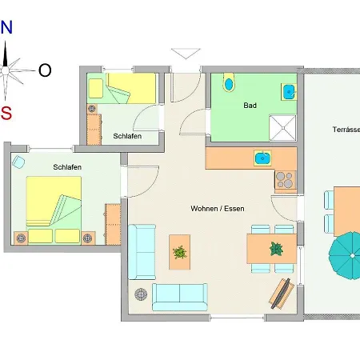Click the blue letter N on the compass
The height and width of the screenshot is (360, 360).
(6, 27)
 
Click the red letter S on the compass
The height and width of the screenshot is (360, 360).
(6, 113)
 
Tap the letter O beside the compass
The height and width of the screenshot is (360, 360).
(45, 70)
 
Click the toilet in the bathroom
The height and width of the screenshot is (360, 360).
(229, 82)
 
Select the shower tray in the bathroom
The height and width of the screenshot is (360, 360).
(282, 128)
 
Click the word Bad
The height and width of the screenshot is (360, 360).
(250, 106)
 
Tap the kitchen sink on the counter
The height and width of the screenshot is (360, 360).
(262, 158)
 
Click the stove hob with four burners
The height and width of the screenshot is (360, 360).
(286, 180)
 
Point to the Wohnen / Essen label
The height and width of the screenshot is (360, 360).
(218, 209)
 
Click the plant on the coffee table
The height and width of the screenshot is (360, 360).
(180, 252)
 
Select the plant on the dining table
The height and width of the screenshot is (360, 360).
(276, 249)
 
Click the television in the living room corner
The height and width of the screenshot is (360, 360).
(281, 294)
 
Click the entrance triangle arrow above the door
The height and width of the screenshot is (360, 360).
(186, 54)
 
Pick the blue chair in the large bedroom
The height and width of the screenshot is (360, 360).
(18, 162)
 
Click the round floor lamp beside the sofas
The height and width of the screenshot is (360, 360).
(141, 294)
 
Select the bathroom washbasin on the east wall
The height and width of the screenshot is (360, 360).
(289, 92)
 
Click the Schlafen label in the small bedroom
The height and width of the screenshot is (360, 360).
(127, 136)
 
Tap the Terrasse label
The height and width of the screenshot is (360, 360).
(346, 130)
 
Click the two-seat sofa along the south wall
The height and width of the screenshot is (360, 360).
(180, 297)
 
